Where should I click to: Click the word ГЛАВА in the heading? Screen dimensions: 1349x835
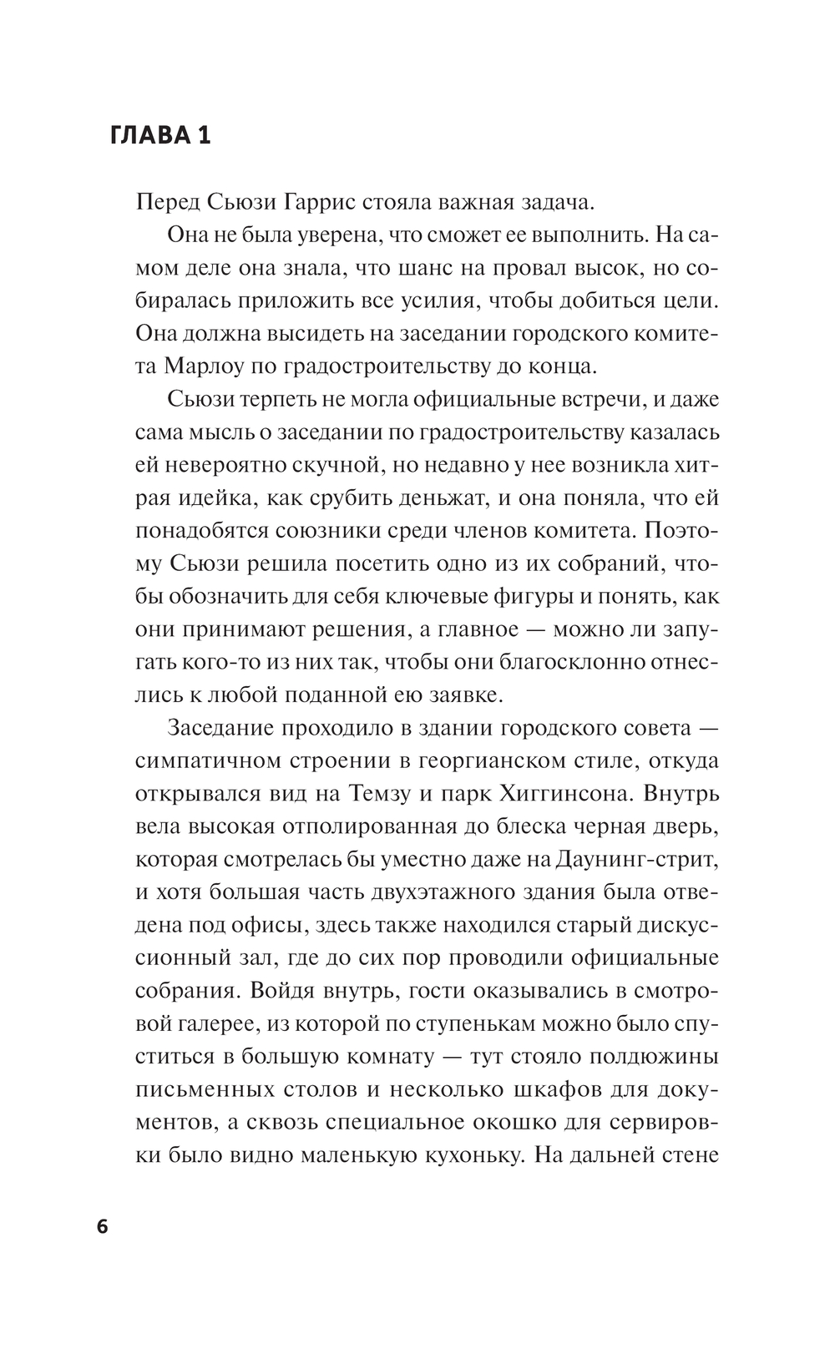(149, 135)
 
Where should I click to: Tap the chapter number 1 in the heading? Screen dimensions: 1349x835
(204, 135)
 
